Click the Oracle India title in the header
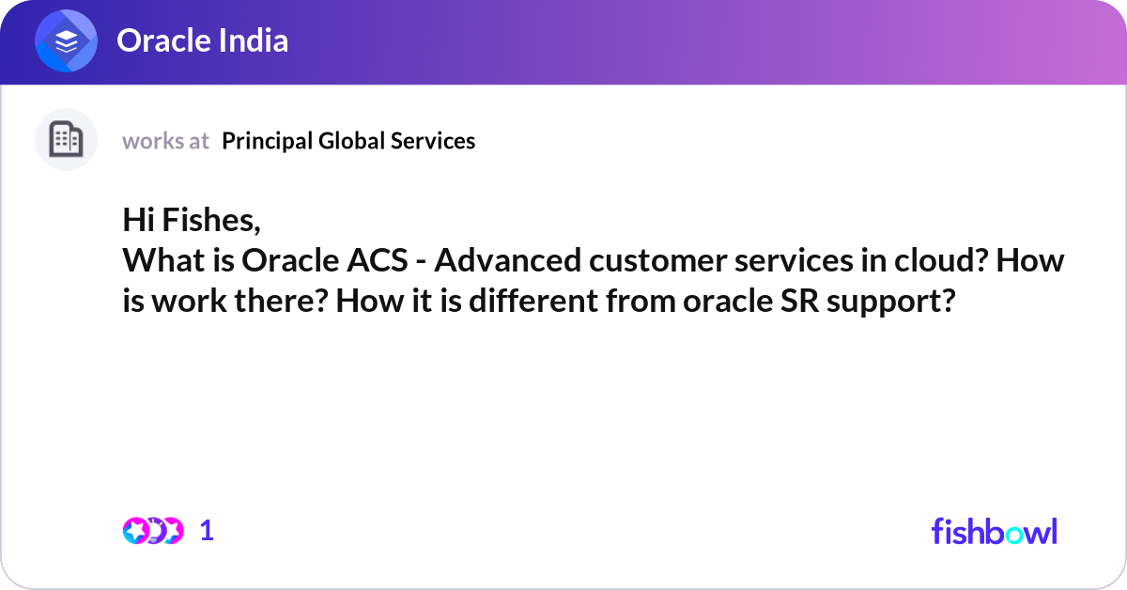[x=202, y=40]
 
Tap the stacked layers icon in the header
[x=67, y=41]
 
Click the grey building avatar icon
[x=66, y=140]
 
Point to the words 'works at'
[x=165, y=141]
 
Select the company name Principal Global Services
[x=348, y=141]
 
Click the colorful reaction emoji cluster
[x=153, y=531]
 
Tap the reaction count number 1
[x=208, y=531]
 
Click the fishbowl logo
[x=994, y=531]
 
